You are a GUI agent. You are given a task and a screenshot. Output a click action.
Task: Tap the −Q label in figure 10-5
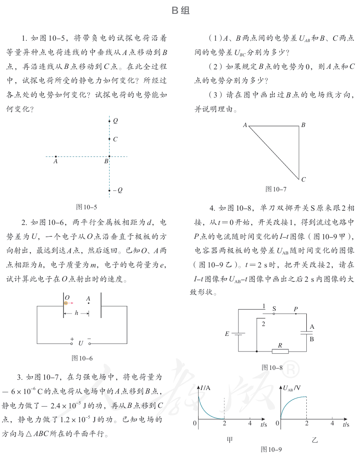tap(118, 190)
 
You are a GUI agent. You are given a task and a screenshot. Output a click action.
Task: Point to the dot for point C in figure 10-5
tap(109, 139)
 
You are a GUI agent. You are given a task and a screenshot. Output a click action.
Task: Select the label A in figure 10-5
tap(55, 162)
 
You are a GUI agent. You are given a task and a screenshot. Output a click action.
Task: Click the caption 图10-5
tap(86, 207)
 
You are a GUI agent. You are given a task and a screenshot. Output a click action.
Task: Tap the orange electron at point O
tap(66, 303)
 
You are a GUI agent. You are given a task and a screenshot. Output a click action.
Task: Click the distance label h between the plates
tap(76, 314)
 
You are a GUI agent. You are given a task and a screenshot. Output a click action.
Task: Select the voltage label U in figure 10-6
tap(80, 343)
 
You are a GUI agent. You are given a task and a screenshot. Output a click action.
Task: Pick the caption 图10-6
tap(82, 358)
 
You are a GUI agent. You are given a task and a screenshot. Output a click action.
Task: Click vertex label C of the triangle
tap(303, 180)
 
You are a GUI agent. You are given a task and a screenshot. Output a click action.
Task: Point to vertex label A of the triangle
tap(245, 125)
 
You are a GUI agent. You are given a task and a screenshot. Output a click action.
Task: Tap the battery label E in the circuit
tap(227, 334)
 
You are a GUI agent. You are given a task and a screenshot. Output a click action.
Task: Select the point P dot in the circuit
tap(296, 314)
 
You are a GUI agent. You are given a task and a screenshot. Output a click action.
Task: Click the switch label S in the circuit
tap(274, 309)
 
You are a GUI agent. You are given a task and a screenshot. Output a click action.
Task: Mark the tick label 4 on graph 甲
tap(250, 423)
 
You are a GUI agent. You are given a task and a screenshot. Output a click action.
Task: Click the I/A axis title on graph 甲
tap(206, 388)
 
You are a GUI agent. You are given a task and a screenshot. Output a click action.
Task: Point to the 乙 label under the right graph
tap(314, 440)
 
